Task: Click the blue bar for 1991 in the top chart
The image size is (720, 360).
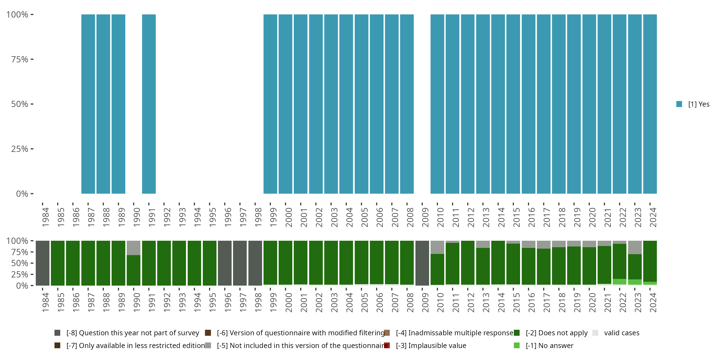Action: pyautogui.click(x=149, y=104)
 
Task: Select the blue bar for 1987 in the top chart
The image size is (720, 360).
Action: pyautogui.click(x=88, y=104)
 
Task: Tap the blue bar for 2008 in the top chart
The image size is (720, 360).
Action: pyautogui.click(x=407, y=104)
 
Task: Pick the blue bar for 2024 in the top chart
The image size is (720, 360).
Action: pyautogui.click(x=650, y=104)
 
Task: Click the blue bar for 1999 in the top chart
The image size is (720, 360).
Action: pyautogui.click(x=270, y=104)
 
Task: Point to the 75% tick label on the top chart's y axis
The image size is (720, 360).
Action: pyautogui.click(x=20, y=60)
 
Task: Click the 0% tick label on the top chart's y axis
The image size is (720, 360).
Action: pyautogui.click(x=22, y=194)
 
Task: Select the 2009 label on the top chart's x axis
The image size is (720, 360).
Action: pyautogui.click(x=425, y=217)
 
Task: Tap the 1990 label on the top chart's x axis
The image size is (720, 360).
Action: pyautogui.click(x=137, y=217)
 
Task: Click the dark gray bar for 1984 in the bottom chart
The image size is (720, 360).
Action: pyautogui.click(x=42, y=263)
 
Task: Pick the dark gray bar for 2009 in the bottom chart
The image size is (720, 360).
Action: pyautogui.click(x=422, y=263)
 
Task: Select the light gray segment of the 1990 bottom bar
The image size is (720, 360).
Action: pyautogui.click(x=134, y=248)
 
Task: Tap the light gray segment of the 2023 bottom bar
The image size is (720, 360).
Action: pyautogui.click(x=635, y=247)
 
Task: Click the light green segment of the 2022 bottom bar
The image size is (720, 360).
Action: pyautogui.click(x=619, y=282)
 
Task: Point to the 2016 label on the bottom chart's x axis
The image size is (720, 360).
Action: pyautogui.click(x=531, y=302)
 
